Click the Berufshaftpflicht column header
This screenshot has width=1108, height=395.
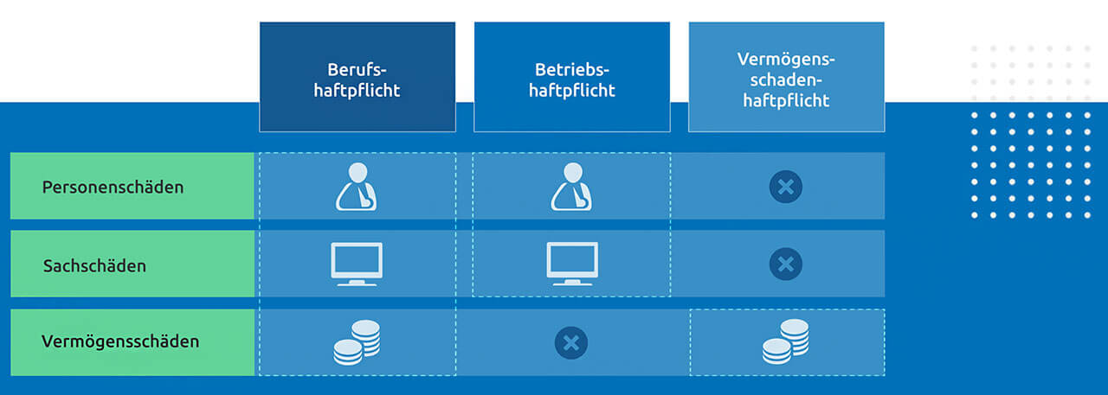[x=357, y=78]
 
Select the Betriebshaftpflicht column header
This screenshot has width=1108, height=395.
[x=571, y=78]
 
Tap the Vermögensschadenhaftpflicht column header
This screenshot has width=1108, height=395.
[x=785, y=78]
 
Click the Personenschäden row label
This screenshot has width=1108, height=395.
[x=113, y=187]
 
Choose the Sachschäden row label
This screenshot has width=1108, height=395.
[x=95, y=265]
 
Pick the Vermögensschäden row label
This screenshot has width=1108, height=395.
[x=120, y=341]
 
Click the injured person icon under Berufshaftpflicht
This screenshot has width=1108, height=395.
[x=357, y=187]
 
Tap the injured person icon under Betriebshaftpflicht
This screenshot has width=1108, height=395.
[x=571, y=187]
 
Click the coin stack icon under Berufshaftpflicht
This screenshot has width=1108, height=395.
[x=357, y=342]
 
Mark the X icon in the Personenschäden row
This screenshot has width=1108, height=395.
[x=785, y=187]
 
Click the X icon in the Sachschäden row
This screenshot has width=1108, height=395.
[x=785, y=264]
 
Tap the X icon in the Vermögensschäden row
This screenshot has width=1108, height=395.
[x=570, y=343]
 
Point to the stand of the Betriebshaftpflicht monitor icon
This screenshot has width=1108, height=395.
[x=571, y=280]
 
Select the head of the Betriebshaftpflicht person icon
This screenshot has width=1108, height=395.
[x=570, y=172]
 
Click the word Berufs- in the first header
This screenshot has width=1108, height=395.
[x=357, y=68]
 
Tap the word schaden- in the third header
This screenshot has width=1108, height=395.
[x=785, y=80]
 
